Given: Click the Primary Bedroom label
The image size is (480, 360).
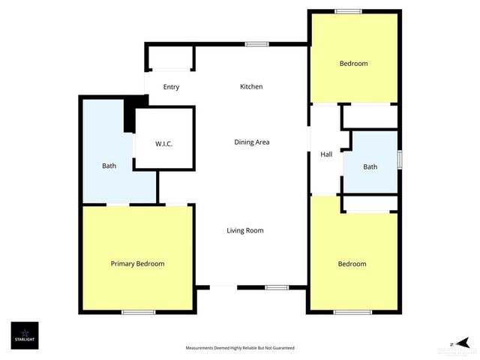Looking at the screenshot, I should click(137, 263).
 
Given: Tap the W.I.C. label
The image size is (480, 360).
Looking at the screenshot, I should click(164, 143).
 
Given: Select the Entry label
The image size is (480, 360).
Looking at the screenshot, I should click(171, 87).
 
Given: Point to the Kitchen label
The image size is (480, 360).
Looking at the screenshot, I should click(251, 87).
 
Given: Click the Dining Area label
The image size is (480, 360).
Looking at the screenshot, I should click(251, 142).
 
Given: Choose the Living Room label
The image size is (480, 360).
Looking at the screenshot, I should click(245, 230).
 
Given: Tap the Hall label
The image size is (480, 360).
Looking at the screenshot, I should click(326, 154).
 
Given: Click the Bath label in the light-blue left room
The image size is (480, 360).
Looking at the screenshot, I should click(109, 166).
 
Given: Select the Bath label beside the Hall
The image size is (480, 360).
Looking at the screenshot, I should click(370, 166).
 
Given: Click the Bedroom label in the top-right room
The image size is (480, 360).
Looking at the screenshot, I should click(354, 64).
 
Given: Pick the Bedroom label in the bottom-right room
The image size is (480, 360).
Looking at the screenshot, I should click(352, 264).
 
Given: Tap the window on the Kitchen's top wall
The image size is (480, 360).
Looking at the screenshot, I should click(257, 43).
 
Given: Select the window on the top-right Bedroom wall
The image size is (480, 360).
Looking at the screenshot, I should click(348, 10).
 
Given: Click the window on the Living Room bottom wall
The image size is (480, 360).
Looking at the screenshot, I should click(277, 286).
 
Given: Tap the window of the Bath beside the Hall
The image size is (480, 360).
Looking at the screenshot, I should click(399, 160).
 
